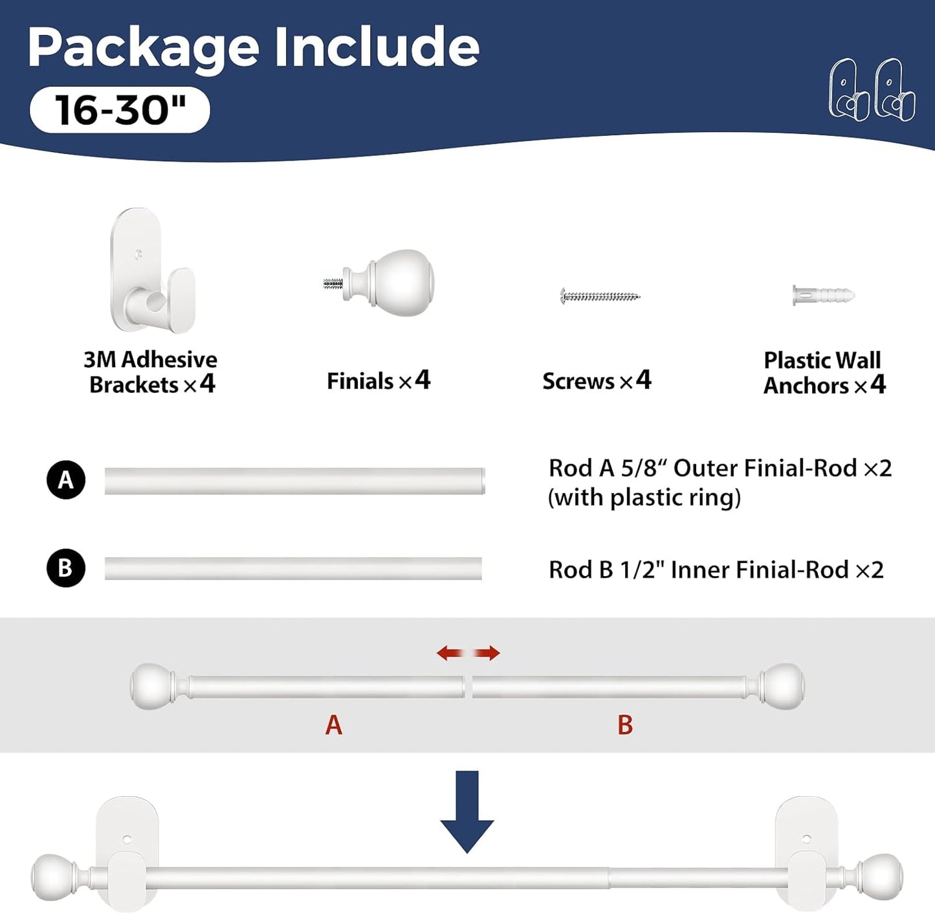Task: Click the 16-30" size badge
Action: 120,109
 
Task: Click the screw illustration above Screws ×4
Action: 600,296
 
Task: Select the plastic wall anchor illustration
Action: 824,295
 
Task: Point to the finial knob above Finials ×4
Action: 380,283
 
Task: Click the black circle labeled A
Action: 66,480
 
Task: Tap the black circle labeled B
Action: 66,568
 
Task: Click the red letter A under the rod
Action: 333,725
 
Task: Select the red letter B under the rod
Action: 625,725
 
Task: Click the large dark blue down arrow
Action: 467,812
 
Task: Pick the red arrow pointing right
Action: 487,653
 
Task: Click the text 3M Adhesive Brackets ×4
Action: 151,372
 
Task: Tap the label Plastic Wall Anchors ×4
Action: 824,373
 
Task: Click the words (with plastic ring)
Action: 644,497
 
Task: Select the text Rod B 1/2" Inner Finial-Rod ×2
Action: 716,570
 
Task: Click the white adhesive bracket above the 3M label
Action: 153,271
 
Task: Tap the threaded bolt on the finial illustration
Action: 333,284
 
